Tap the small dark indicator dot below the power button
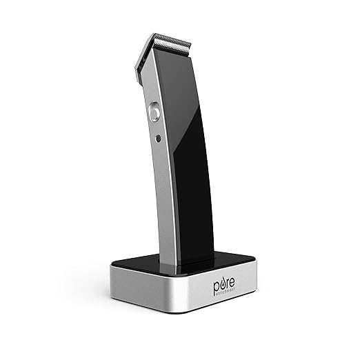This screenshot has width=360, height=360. click(158, 137)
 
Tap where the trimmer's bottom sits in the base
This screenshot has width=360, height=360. click(182, 266)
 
